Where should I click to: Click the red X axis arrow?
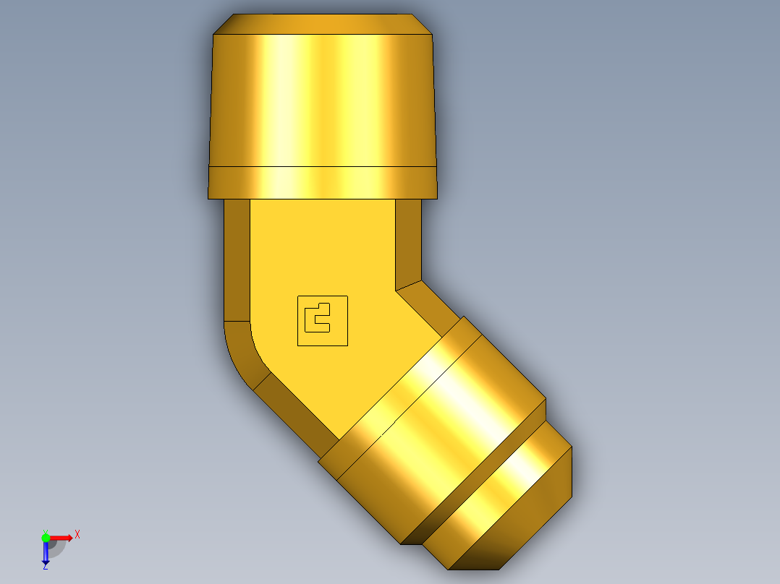tap(62, 538)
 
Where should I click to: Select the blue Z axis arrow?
tap(46, 553)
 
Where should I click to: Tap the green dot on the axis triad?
tap(46, 537)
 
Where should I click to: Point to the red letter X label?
tap(77, 534)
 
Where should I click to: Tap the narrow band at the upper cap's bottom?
tap(323, 182)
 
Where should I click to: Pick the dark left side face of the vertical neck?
tap(237, 260)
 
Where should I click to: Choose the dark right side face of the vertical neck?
tap(409, 242)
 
